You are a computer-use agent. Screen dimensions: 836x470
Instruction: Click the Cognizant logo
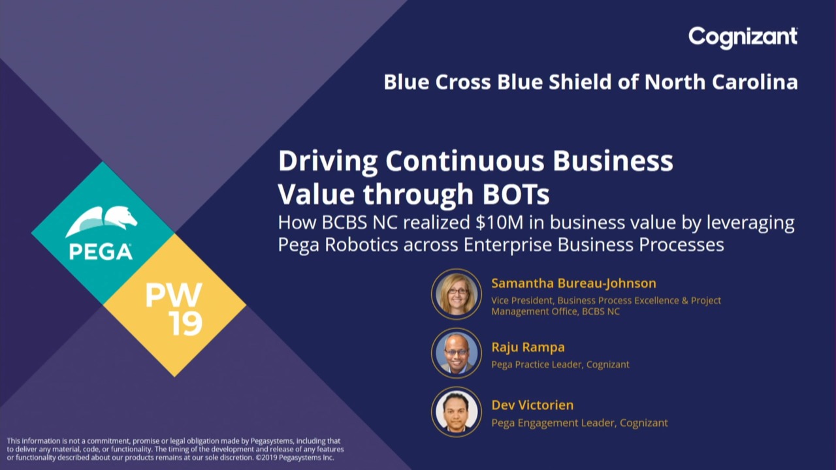[743, 38]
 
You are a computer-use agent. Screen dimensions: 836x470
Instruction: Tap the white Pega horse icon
[101, 221]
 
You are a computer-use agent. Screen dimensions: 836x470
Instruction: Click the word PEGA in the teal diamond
[101, 252]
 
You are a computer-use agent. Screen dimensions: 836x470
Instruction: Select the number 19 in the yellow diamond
[185, 323]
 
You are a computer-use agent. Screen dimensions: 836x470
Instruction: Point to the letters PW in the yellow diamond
[174, 294]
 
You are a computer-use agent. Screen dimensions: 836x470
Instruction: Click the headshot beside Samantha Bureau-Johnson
[457, 294]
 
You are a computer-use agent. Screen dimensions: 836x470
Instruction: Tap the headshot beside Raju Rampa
[457, 353]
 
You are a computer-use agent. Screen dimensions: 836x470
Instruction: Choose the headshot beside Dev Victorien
[457, 412]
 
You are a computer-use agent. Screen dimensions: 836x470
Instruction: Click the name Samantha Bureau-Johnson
[573, 283]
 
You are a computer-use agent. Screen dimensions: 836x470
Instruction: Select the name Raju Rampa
[528, 347]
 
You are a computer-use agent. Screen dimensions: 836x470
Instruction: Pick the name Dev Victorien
[532, 405]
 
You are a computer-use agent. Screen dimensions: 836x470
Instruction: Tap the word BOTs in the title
[516, 194]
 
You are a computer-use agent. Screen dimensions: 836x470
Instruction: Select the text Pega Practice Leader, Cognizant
[560, 364]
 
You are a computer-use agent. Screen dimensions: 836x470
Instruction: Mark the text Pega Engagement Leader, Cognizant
[579, 422]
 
